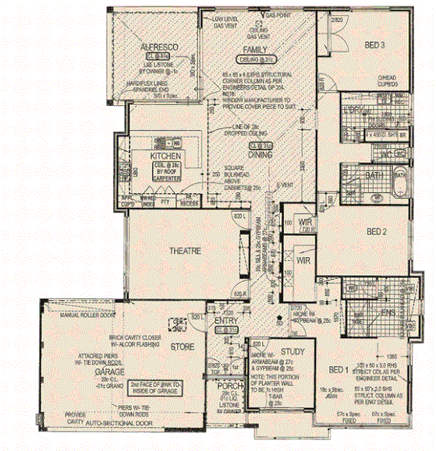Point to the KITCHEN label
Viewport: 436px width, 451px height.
click(x=165, y=156)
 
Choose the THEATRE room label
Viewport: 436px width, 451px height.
click(x=186, y=251)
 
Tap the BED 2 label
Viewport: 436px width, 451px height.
click(x=377, y=231)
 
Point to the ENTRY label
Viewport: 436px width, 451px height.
click(x=225, y=321)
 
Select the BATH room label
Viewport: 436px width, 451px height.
click(x=373, y=176)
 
